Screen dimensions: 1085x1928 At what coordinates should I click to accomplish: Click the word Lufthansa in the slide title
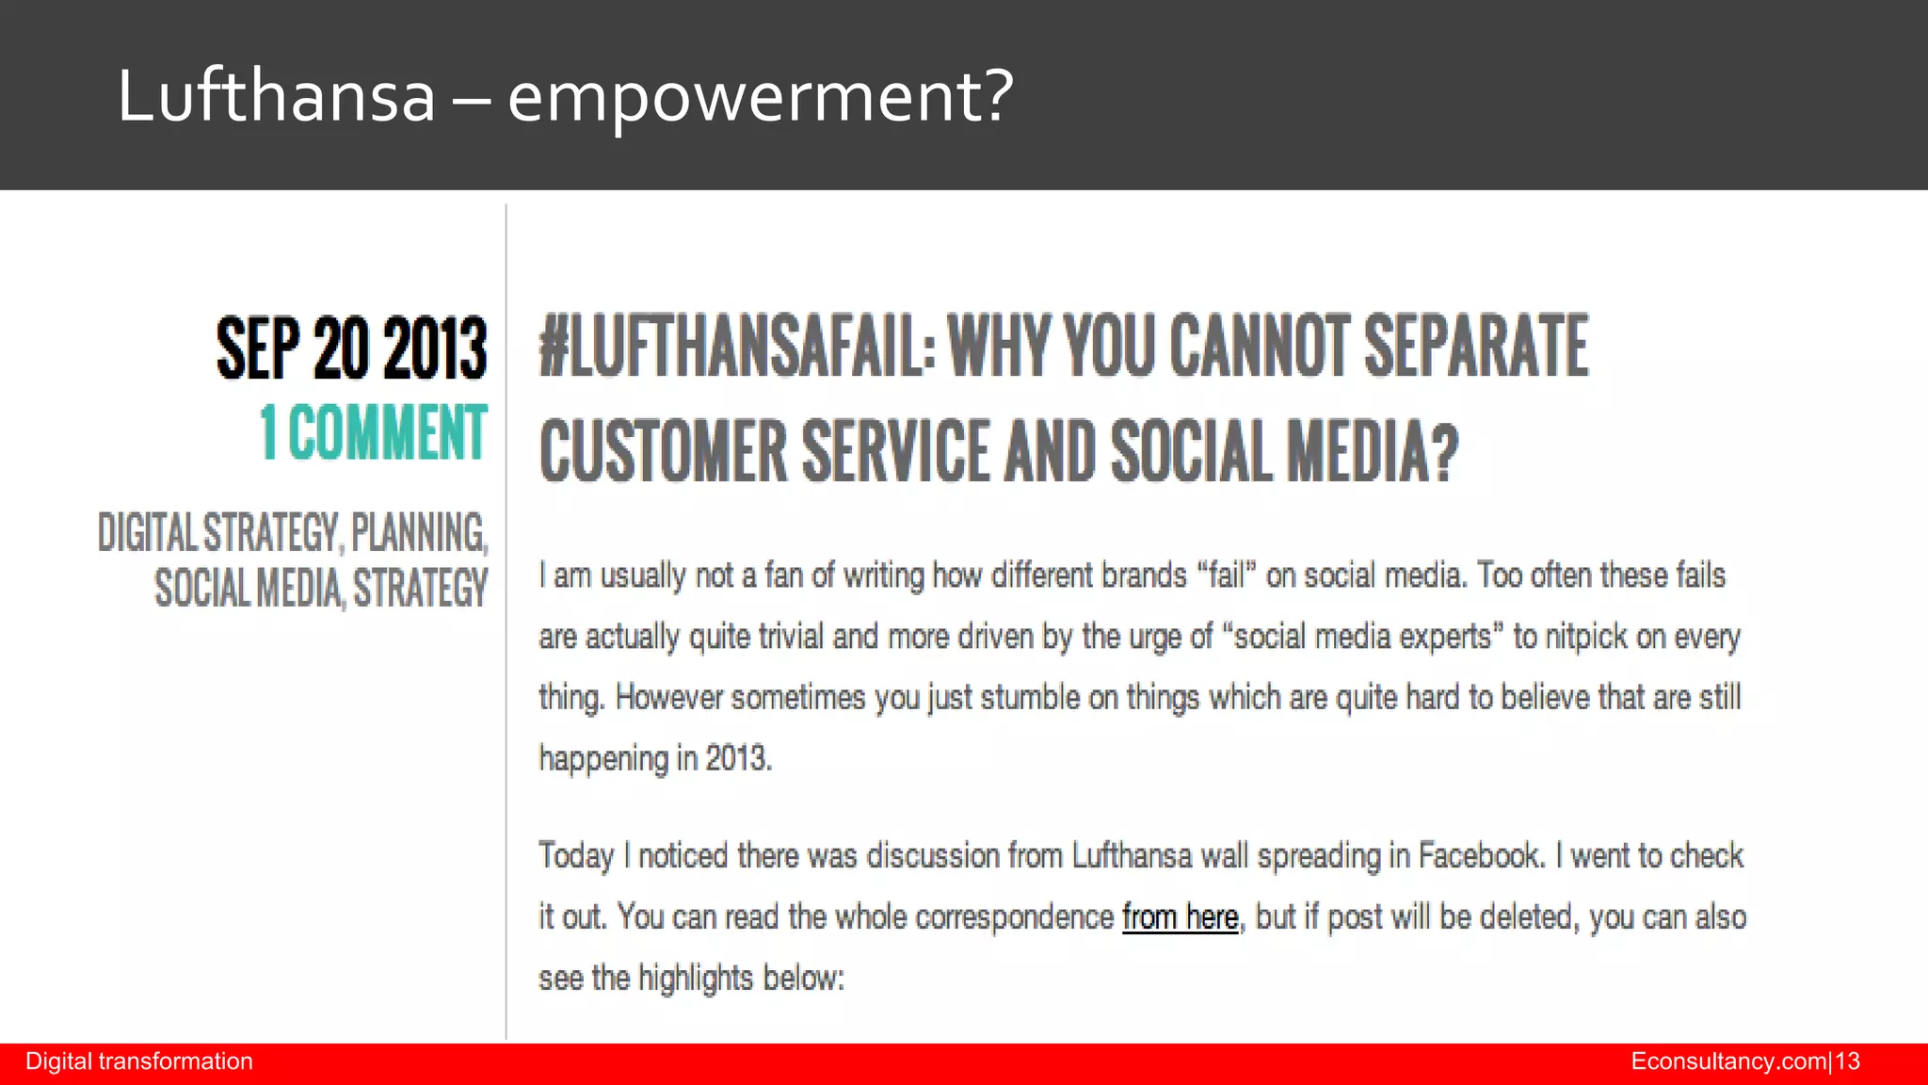[x=276, y=96]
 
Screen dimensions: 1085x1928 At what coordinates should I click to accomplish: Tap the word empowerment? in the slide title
[x=760, y=96]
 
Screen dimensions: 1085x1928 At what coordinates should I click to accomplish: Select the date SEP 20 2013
[x=352, y=348]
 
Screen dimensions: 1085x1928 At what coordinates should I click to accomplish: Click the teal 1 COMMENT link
[x=374, y=432]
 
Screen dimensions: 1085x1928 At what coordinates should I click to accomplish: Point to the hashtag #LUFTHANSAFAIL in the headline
[x=737, y=347]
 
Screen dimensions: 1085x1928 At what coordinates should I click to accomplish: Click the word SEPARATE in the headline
[x=1475, y=347]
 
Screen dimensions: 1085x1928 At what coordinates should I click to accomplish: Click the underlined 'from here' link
[x=1180, y=916]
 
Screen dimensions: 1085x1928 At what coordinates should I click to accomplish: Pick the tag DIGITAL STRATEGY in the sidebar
[x=217, y=533]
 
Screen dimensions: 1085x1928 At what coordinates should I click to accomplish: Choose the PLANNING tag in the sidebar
[x=419, y=533]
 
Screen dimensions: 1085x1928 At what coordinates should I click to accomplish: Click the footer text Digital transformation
[x=139, y=1061]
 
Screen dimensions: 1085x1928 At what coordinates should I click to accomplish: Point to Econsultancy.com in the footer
[x=1728, y=1061]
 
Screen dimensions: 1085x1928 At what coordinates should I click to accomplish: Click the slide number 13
[x=1848, y=1061]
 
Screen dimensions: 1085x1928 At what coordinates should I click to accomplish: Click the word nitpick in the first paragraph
[x=1585, y=637]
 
